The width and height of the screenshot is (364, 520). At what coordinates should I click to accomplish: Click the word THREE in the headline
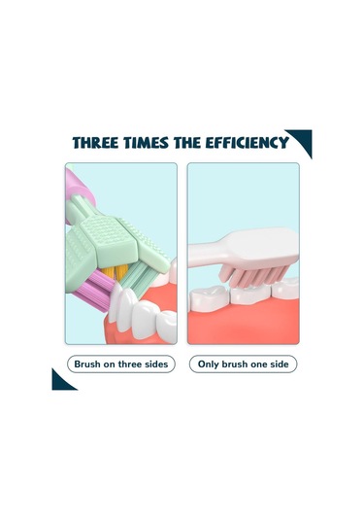(x=95, y=143)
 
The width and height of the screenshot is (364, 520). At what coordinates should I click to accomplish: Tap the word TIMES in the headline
(x=146, y=143)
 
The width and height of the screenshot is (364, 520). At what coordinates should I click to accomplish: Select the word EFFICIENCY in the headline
(x=248, y=143)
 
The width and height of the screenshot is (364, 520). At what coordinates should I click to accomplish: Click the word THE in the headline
(x=186, y=143)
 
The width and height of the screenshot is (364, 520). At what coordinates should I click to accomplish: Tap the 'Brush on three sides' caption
(x=121, y=364)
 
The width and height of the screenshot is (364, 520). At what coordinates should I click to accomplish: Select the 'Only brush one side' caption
(x=243, y=364)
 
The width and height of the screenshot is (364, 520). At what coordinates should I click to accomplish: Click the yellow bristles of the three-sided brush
(x=114, y=272)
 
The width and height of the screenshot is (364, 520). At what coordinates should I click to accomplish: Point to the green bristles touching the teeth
(x=135, y=276)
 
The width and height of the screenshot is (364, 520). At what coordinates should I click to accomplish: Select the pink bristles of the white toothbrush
(x=253, y=274)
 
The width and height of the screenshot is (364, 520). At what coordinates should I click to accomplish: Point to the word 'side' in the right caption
(x=279, y=364)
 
